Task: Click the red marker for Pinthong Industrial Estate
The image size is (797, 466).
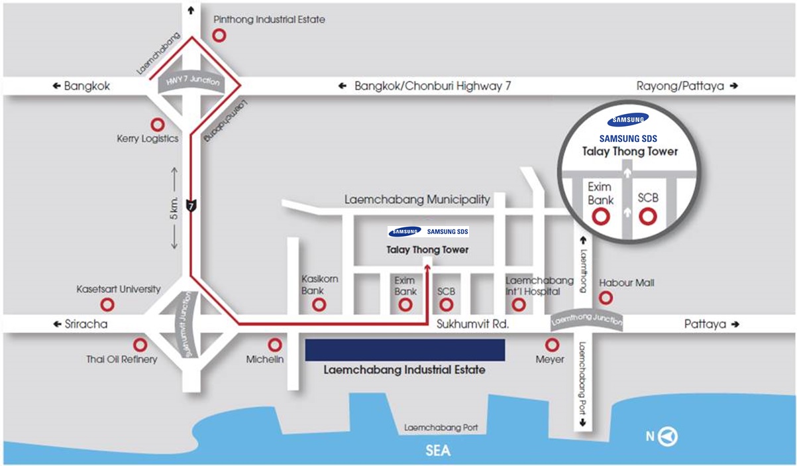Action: click(219, 35)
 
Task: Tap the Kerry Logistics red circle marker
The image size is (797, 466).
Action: click(158, 124)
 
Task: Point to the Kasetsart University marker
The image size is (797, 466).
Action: click(107, 304)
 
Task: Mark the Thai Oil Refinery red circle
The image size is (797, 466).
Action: click(140, 345)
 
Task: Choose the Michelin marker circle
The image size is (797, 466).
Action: click(274, 345)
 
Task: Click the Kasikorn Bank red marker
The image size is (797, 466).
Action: click(319, 305)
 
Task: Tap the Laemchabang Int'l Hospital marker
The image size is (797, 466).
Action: click(519, 304)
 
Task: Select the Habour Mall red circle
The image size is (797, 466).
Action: click(606, 298)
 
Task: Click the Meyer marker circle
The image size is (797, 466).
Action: click(551, 345)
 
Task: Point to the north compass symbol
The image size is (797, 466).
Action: click(670, 436)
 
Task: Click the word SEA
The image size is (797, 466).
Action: click(437, 451)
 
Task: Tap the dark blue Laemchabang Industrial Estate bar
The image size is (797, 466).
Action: click(405, 350)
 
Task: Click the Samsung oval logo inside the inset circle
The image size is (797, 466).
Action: click(628, 120)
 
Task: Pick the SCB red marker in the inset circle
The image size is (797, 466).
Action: click(647, 216)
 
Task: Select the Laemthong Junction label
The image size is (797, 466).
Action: click(587, 320)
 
